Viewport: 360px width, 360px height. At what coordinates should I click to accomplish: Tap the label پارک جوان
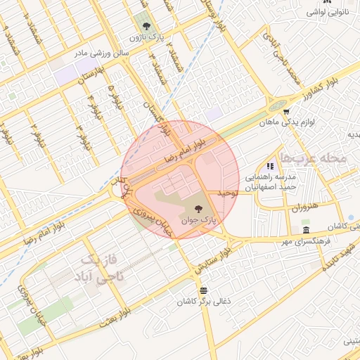click(x=199, y=220)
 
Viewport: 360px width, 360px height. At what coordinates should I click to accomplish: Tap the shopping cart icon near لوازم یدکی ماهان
click(x=286, y=110)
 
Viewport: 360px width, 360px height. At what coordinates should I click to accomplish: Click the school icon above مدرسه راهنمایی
click(x=270, y=166)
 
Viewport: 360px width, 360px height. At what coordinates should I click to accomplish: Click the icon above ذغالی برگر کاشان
click(x=204, y=290)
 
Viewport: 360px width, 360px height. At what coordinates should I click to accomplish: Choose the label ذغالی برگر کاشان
click(x=203, y=302)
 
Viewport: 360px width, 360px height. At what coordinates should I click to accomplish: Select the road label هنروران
click(x=304, y=209)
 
